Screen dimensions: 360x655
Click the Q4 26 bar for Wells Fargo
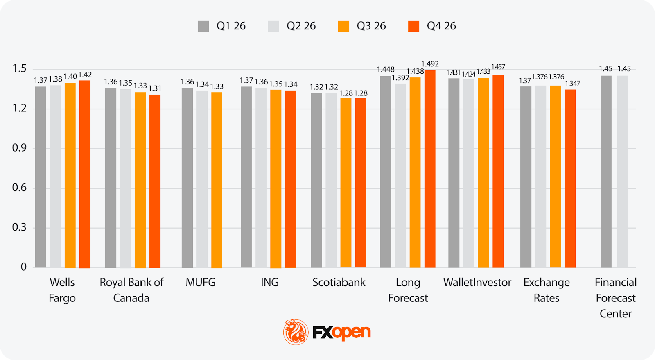click(85, 174)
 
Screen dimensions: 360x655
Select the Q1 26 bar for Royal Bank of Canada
click(111, 178)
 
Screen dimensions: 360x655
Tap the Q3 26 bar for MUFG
click(217, 180)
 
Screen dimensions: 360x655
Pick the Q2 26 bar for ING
click(261, 178)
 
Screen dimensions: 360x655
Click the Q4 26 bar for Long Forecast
click(430, 169)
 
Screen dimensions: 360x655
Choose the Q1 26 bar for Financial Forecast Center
click(606, 172)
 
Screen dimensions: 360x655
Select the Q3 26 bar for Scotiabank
click(346, 183)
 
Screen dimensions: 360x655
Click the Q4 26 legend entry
click(432, 26)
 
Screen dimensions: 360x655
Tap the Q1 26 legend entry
click(221, 26)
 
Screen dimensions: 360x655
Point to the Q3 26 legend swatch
click(343, 26)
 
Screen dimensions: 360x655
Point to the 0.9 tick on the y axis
click(19, 148)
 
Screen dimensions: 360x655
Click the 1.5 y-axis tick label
click(19, 68)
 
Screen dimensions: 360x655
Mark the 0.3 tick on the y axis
click(19, 227)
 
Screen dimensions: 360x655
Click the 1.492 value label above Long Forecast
click(430, 64)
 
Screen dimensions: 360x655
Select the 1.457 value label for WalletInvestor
click(498, 67)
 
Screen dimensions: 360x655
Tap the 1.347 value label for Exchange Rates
click(572, 84)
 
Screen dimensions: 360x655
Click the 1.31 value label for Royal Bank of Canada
click(155, 88)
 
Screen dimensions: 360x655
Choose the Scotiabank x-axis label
click(339, 282)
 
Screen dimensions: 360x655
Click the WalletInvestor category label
click(477, 282)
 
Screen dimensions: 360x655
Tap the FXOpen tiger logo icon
click(296, 332)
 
